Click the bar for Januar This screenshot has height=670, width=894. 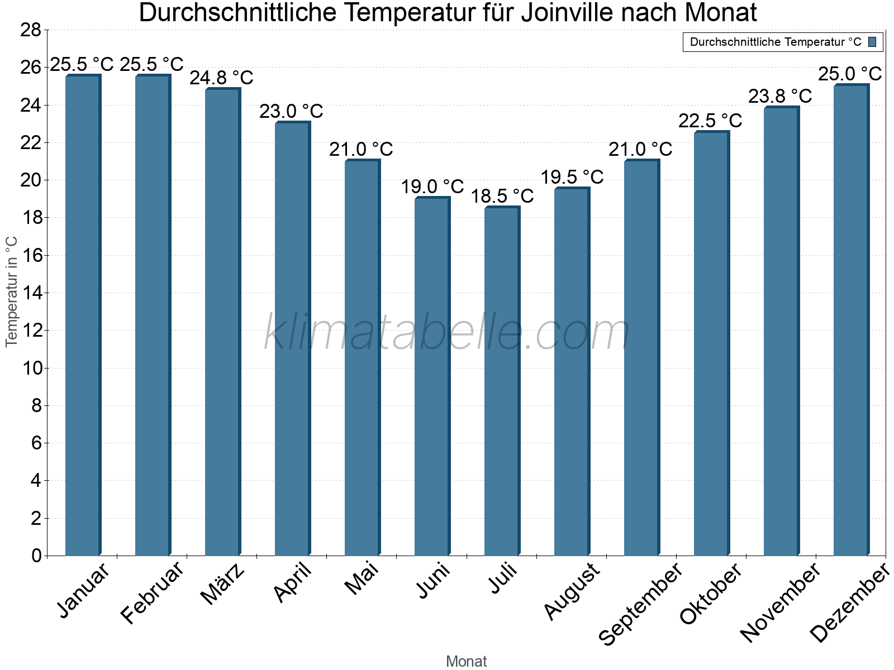[x=83, y=315]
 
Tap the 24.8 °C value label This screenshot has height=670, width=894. [x=221, y=78]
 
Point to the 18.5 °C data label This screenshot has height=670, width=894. [x=502, y=196]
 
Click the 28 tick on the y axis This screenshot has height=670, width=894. [x=31, y=30]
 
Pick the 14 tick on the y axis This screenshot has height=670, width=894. [x=31, y=293]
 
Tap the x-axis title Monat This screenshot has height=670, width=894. [x=466, y=662]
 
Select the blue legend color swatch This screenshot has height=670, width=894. [x=872, y=42]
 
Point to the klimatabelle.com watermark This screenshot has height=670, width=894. [x=447, y=333]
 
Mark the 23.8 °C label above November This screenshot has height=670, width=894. [x=780, y=96]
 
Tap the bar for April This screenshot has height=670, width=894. [x=292, y=339]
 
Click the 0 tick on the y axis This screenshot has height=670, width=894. [x=37, y=556]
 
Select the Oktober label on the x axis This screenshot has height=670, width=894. [x=710, y=594]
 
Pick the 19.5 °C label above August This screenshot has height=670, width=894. [x=572, y=177]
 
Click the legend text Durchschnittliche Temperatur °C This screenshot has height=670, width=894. [x=776, y=42]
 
